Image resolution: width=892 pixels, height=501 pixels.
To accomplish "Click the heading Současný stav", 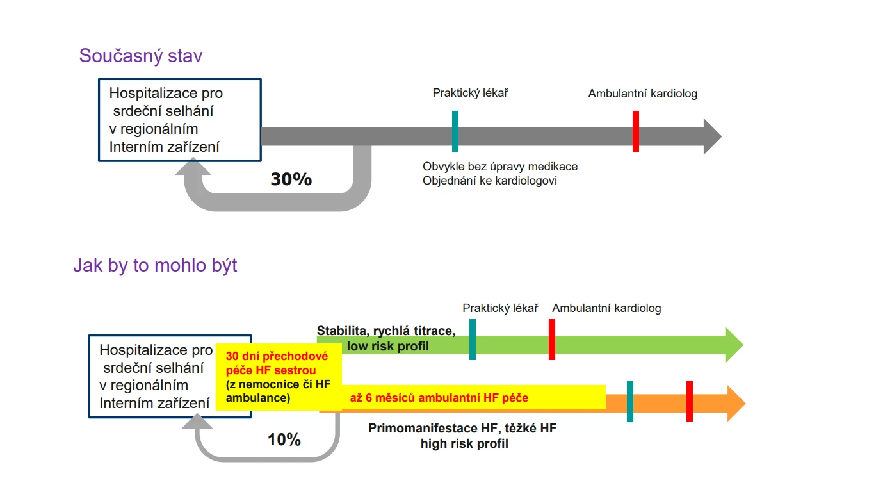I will pyautogui.click(x=141, y=56).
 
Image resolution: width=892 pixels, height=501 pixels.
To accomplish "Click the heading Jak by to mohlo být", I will pyautogui.click(x=155, y=265).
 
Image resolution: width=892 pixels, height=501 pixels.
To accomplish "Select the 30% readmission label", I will pyautogui.click(x=291, y=179).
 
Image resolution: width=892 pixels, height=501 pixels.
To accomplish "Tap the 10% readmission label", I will pyautogui.click(x=284, y=440).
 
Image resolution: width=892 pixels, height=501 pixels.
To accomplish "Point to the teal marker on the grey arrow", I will pyautogui.click(x=455, y=131).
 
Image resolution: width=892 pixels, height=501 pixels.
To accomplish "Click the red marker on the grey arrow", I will pyautogui.click(x=636, y=131).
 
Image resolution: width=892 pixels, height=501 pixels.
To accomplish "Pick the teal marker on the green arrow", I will pyautogui.click(x=473, y=339).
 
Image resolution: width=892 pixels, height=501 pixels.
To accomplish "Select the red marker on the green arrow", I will pyautogui.click(x=552, y=339).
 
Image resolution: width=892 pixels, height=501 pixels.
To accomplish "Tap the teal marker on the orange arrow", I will pyautogui.click(x=630, y=402).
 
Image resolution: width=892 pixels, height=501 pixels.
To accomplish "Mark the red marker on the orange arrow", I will pyautogui.click(x=690, y=401).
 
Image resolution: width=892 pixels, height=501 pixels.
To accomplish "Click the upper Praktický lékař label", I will pyautogui.click(x=470, y=94).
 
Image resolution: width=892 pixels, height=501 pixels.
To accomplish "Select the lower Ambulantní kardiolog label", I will pyautogui.click(x=606, y=308).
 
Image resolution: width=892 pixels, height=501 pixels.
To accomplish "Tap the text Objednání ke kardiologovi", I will pyautogui.click(x=490, y=181).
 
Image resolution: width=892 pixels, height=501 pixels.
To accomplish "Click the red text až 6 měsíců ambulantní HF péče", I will pyautogui.click(x=439, y=398).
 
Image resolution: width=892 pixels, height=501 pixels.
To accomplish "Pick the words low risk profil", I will pyautogui.click(x=388, y=347).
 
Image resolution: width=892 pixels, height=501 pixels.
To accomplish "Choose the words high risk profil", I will pyautogui.click(x=464, y=443).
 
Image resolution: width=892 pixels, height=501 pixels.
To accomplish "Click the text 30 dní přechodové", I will pyautogui.click(x=277, y=356).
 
